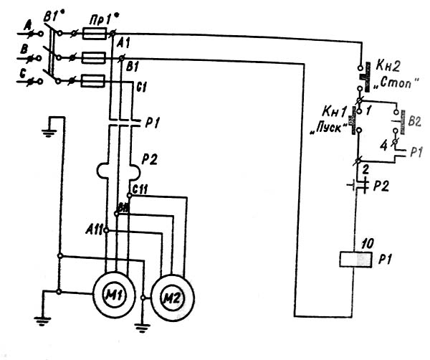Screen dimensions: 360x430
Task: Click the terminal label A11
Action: point(94,229)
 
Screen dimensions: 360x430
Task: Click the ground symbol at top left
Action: point(50,132)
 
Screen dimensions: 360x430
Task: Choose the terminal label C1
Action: point(141,87)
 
